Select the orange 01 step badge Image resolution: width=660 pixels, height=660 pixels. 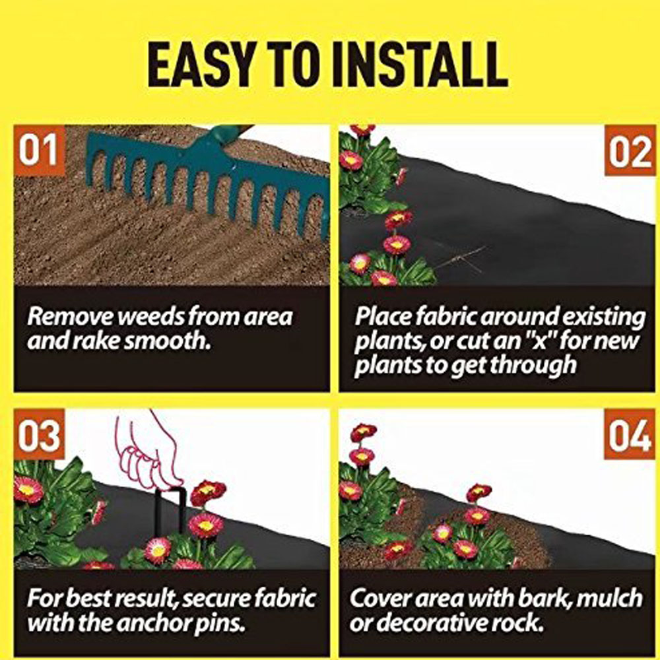[x=39, y=150]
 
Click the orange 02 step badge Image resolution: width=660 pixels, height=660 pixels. [x=630, y=150]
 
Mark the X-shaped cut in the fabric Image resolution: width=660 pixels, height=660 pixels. [x=460, y=257]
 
